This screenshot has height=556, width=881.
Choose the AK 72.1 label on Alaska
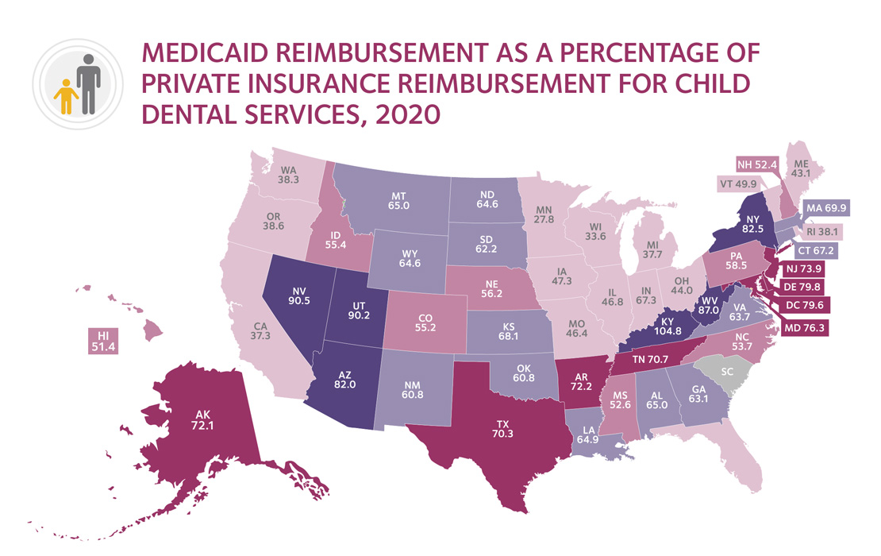tap(202, 419)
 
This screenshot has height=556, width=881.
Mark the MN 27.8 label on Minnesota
tap(544, 229)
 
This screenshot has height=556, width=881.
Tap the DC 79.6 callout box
tap(802, 303)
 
